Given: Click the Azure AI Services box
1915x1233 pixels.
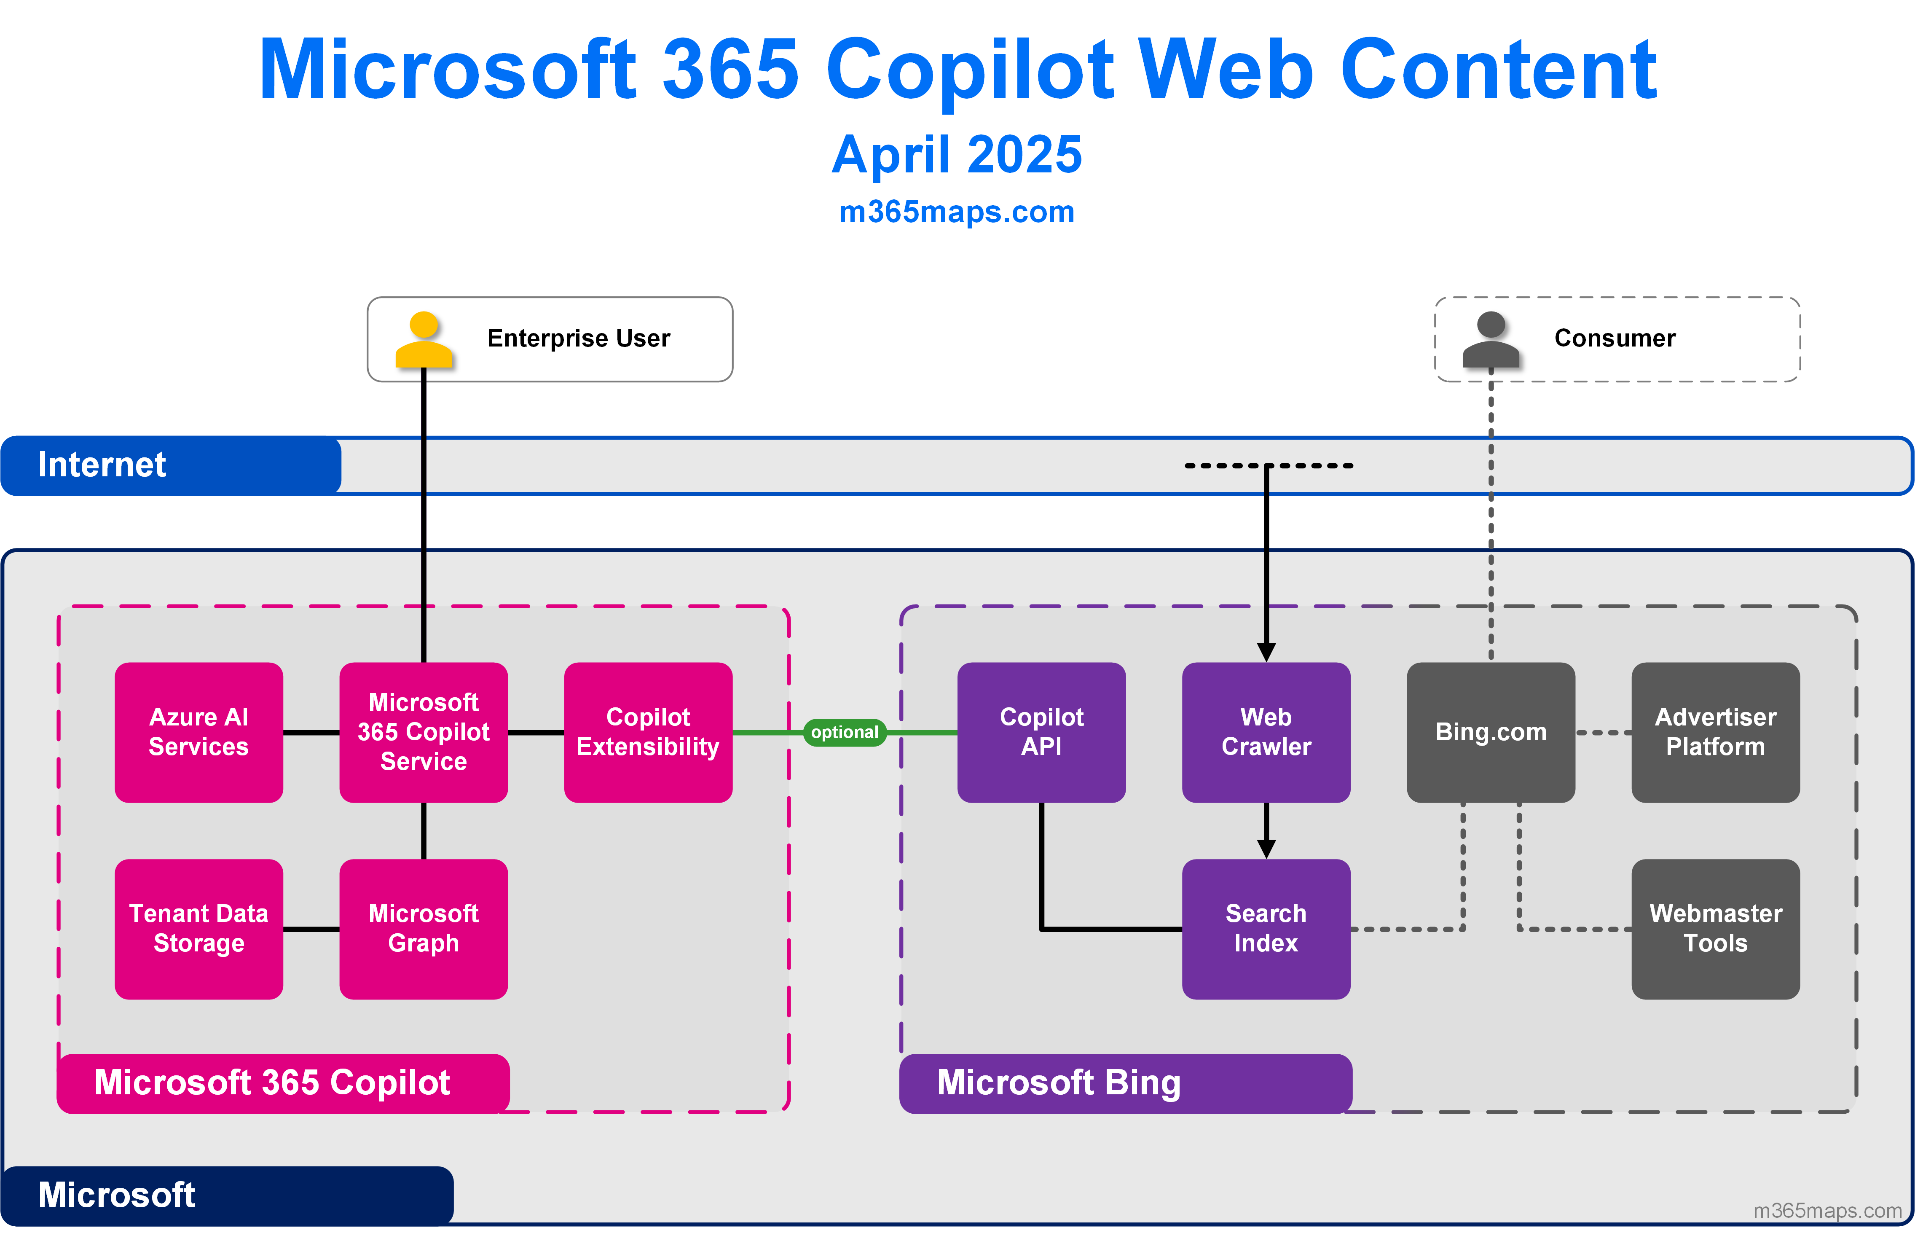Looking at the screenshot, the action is [198, 732].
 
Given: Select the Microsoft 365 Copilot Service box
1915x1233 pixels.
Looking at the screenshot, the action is [424, 732].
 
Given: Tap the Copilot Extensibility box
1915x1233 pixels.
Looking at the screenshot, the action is [648, 732].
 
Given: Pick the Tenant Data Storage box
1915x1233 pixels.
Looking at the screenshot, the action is [198, 929].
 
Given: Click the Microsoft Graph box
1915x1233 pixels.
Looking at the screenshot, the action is [424, 929].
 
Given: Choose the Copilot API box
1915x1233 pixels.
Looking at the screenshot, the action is [1041, 732].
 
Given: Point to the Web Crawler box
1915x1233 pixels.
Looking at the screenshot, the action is [1266, 732].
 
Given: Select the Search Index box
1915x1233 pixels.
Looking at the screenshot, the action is [1266, 929].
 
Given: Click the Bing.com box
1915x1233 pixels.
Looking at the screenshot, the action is [1491, 732].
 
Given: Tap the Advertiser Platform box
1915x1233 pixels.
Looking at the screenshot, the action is [1716, 732].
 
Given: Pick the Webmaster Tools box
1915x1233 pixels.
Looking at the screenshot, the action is [1716, 929].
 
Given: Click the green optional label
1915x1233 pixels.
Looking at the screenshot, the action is [844, 732].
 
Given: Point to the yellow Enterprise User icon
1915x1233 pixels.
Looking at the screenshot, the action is [424, 339].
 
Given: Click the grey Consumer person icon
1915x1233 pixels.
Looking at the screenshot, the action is [1491, 339].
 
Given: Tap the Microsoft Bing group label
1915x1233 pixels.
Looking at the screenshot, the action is [1059, 1083].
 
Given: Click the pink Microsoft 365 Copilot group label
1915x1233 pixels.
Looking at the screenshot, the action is [272, 1083].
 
